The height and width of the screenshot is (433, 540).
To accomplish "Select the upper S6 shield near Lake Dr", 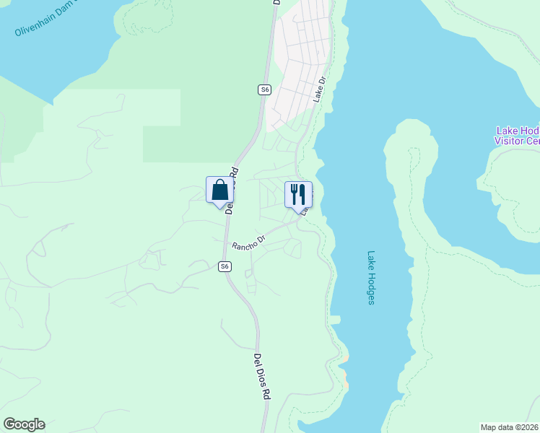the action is pyautogui.click(x=265, y=89).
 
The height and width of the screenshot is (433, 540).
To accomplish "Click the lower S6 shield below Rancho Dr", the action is pyautogui.click(x=225, y=266).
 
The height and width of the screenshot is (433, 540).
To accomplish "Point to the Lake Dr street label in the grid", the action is pyautogui.click(x=320, y=90).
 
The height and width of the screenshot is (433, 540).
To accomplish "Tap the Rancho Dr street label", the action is pyautogui.click(x=248, y=241).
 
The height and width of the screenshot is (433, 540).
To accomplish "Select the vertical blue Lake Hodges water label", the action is pyautogui.click(x=371, y=277).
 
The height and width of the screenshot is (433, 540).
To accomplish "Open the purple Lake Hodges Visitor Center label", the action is pyautogui.click(x=517, y=136).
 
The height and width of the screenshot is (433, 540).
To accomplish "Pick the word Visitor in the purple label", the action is pyautogui.click(x=510, y=141).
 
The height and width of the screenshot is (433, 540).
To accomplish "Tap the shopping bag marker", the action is pyautogui.click(x=220, y=191).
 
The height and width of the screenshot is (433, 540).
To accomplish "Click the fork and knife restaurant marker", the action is pyautogui.click(x=298, y=194).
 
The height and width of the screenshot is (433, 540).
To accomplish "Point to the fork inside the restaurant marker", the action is pyautogui.click(x=294, y=193).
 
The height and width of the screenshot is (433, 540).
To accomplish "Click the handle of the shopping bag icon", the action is pyautogui.click(x=220, y=184).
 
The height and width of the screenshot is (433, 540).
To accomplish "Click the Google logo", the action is pyautogui.click(x=24, y=424).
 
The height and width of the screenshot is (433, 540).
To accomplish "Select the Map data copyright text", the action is pyautogui.click(x=510, y=427).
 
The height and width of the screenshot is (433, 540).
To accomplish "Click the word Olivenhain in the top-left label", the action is pyautogui.click(x=36, y=28).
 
